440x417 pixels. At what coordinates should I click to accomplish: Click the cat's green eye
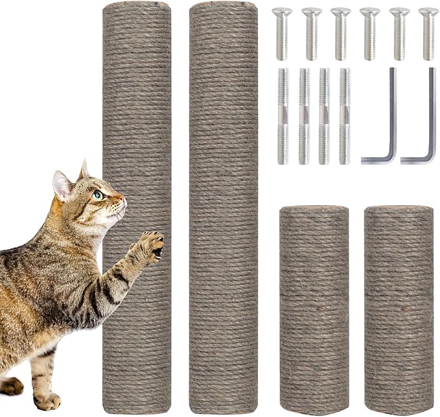pyautogui.click(x=97, y=194)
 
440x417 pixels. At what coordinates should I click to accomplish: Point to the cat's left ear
pyautogui.click(x=62, y=185)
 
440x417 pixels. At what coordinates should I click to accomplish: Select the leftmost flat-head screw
pyautogui.click(x=282, y=33)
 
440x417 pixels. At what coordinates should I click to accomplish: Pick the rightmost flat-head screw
pyautogui.click(x=428, y=33)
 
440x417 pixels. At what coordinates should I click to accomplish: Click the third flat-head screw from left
pyautogui.click(x=340, y=33)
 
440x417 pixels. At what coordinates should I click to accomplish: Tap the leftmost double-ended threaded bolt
pyautogui.click(x=283, y=116)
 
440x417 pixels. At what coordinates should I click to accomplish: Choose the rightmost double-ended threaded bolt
pyautogui.click(x=344, y=116)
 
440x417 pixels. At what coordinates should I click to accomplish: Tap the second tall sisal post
pyautogui.click(x=224, y=208)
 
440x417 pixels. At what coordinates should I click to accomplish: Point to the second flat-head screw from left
pyautogui.click(x=311, y=33)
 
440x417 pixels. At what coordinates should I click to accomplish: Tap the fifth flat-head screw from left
pyautogui.click(x=399, y=33)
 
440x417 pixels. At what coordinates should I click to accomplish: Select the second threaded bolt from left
pyautogui.click(x=304, y=116)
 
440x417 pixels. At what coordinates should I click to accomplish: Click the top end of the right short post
pyautogui.click(x=399, y=210)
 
